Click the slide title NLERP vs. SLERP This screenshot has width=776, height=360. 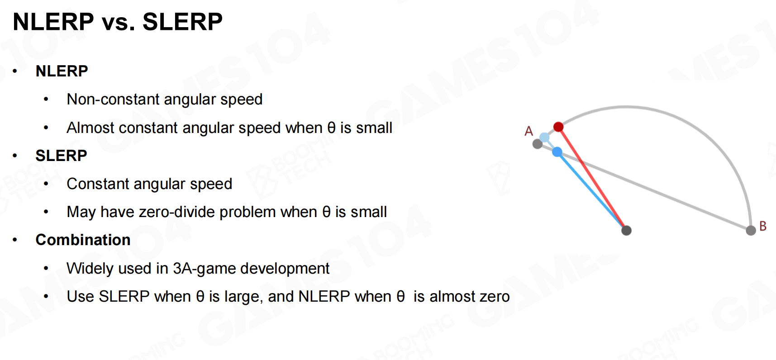(118, 22)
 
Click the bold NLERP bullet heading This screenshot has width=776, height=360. (62, 71)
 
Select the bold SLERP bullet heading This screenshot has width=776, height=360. (61, 156)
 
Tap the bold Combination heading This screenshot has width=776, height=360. (83, 240)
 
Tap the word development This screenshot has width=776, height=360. (285, 269)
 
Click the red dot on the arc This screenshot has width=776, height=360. (558, 127)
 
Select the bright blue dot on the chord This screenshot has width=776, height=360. (557, 152)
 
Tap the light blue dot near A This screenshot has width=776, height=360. (544, 137)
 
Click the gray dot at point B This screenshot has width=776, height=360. (751, 231)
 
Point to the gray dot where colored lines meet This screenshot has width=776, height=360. (626, 231)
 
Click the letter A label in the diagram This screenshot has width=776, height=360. (528, 131)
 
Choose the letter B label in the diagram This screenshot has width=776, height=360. (763, 226)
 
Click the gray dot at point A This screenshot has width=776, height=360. (538, 144)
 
